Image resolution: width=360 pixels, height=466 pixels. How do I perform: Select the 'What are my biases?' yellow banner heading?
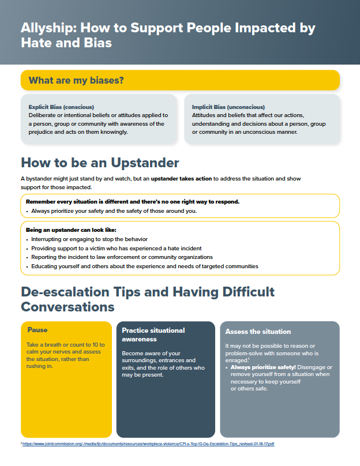[76, 80]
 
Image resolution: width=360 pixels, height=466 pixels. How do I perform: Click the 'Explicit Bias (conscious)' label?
[61, 107]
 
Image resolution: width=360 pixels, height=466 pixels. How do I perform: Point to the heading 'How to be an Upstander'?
[100, 162]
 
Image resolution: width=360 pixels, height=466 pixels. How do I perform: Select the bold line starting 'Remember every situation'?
[133, 202]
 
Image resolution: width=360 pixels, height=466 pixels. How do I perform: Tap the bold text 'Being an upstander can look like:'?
[71, 230]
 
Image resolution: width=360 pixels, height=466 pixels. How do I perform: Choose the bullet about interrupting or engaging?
[90, 239]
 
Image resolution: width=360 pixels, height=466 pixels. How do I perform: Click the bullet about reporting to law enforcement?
[122, 257]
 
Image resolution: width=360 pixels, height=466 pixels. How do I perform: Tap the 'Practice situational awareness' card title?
[153, 335]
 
